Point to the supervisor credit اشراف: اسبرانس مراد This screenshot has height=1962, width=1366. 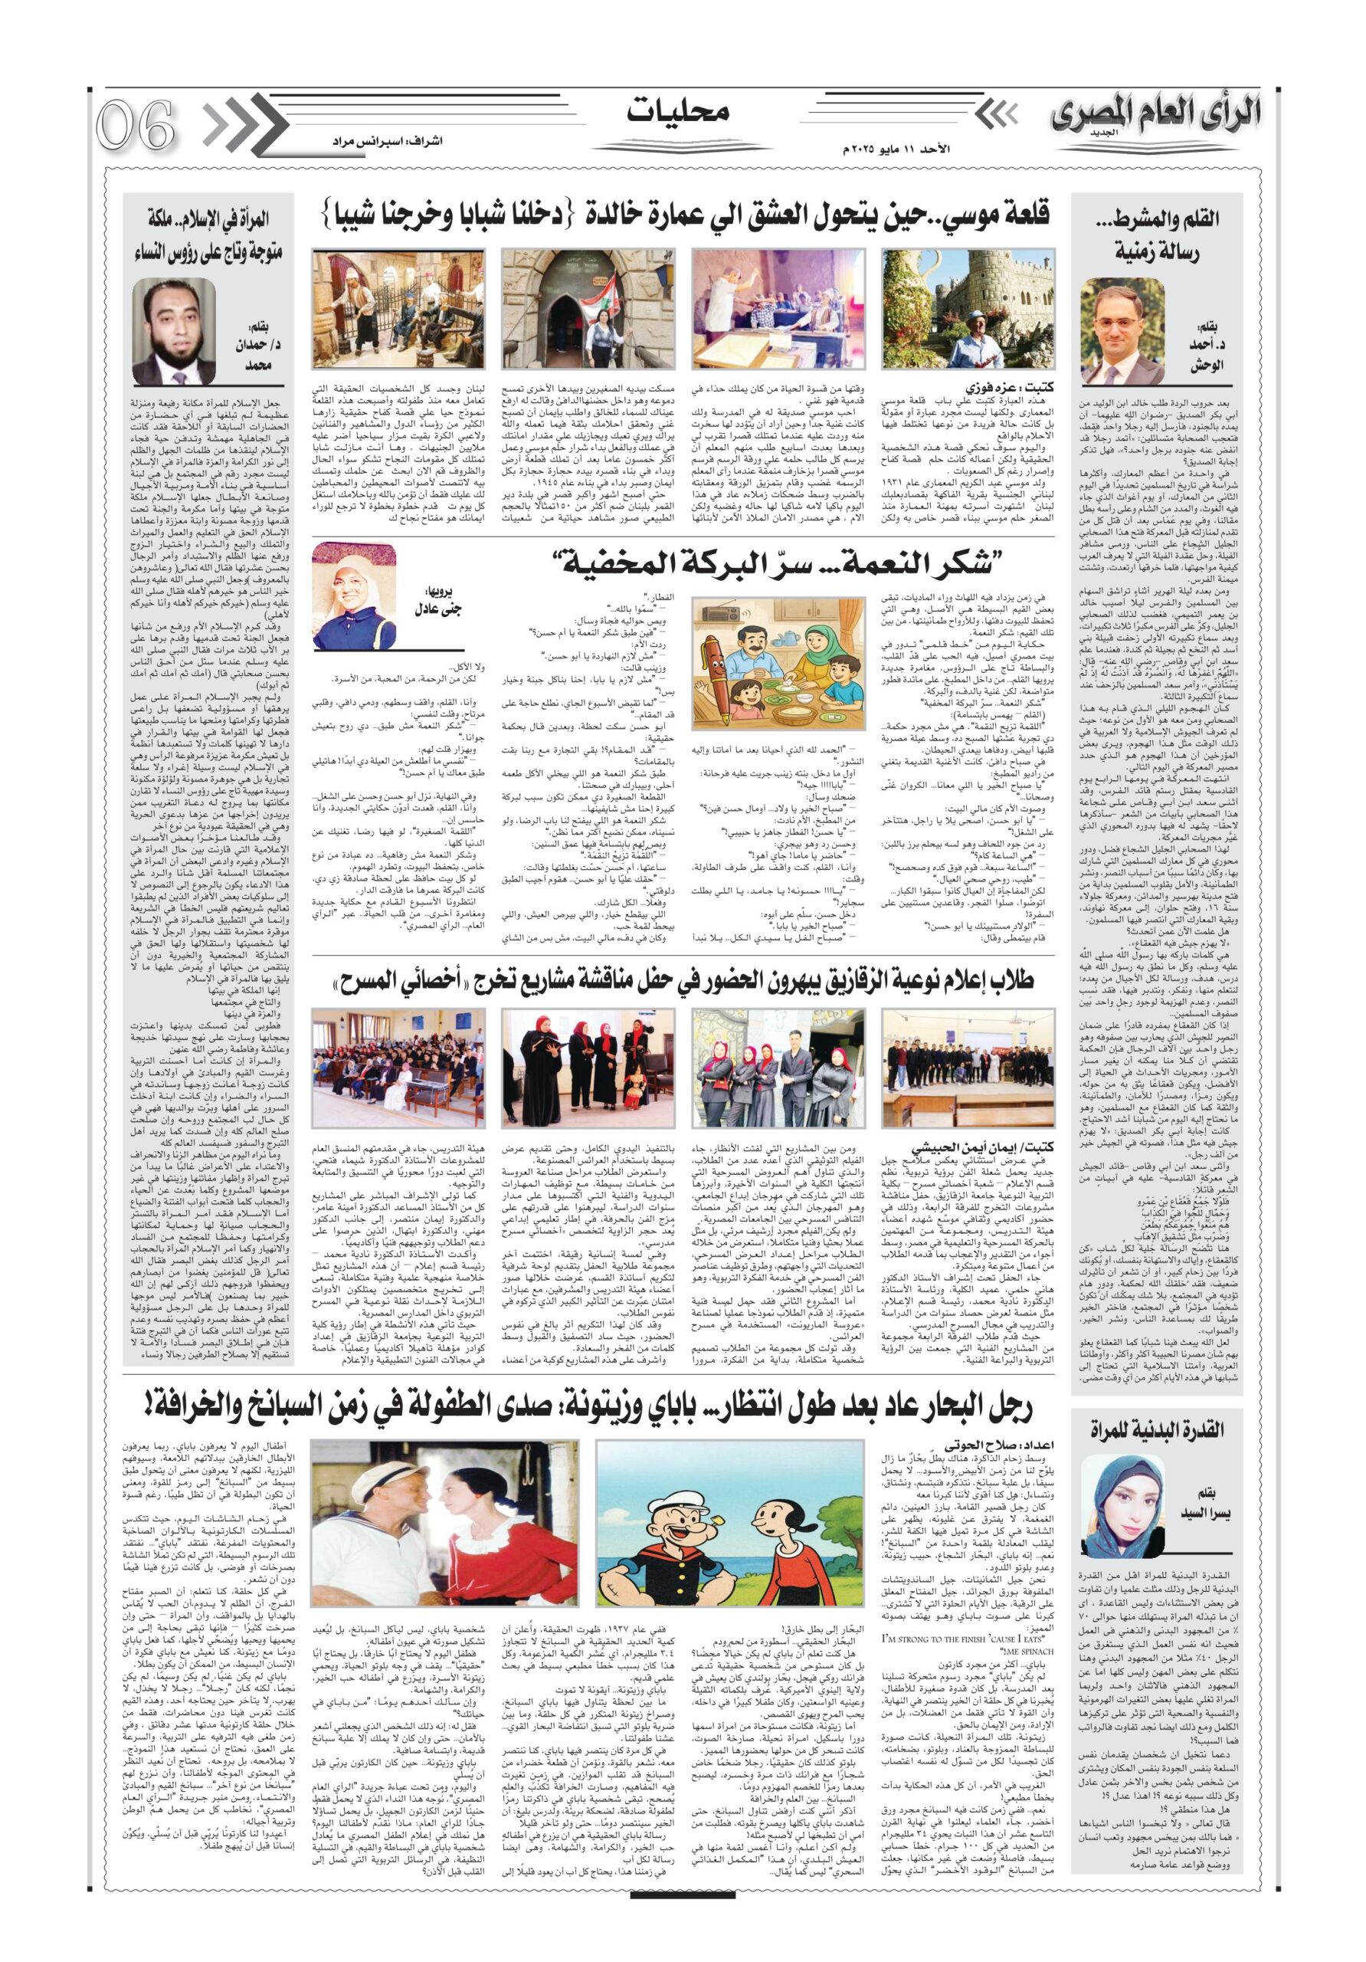384,140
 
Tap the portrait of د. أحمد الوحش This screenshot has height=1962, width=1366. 1122,330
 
